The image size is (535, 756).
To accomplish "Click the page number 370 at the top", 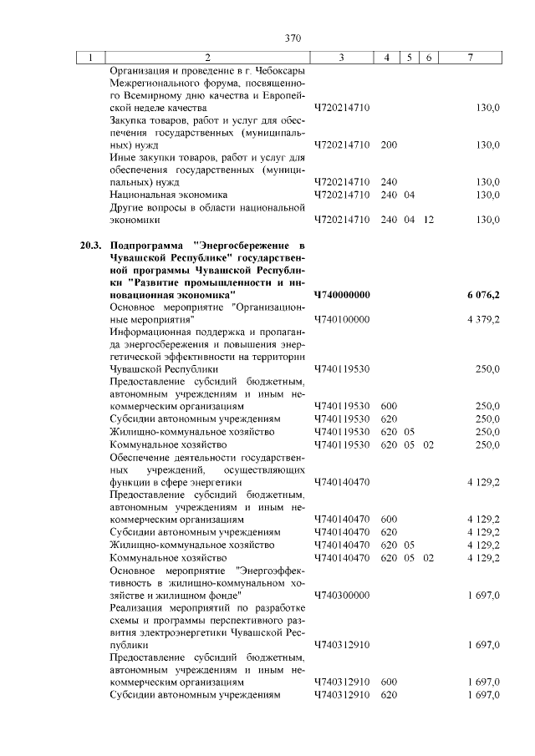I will click(292, 38).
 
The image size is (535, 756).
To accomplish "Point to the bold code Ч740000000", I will click(342, 295).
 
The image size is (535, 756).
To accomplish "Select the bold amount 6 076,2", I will click(483, 295).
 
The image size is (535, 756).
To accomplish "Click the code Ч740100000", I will click(342, 319).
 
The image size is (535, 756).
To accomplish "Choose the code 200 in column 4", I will click(388, 145).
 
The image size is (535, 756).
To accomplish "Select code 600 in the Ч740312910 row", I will click(388, 682).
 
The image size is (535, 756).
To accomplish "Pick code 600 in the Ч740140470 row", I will click(388, 520).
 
